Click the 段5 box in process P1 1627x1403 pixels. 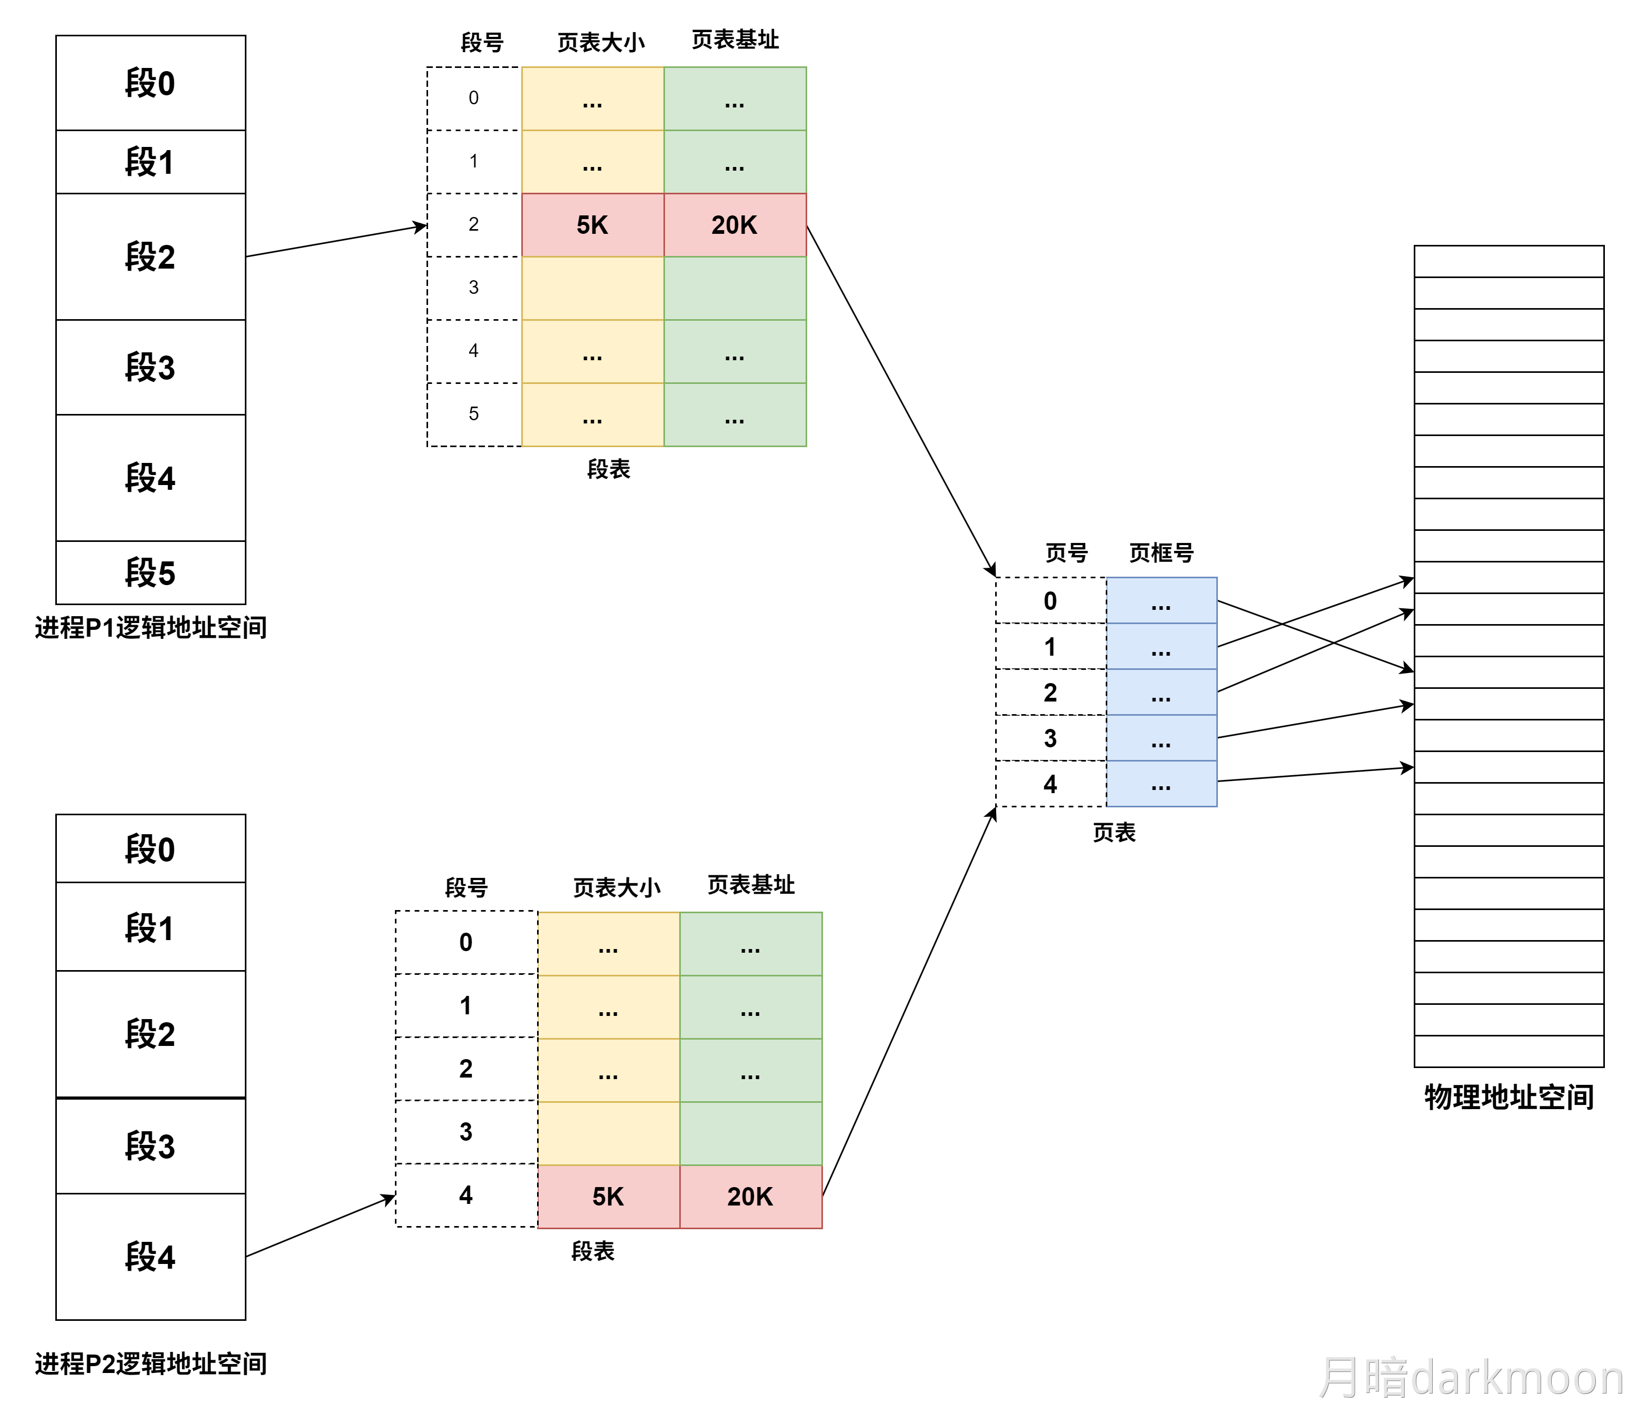point(150,572)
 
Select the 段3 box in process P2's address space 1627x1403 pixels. point(150,1146)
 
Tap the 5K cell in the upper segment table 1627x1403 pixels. point(592,225)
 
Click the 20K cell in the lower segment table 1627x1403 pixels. point(750,1197)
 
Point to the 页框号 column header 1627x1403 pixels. point(1160,553)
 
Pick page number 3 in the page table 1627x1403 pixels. point(1050,738)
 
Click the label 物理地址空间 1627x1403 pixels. point(1509,1098)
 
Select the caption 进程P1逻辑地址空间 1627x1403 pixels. point(151,628)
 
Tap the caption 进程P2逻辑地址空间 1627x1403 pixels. point(151,1364)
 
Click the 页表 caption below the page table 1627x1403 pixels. point(1114,833)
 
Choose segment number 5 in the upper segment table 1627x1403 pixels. point(473,414)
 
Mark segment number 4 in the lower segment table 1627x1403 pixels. point(465,1195)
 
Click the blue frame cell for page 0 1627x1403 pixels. point(1160,601)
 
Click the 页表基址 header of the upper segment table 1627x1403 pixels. point(735,40)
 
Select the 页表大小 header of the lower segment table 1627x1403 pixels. point(617,888)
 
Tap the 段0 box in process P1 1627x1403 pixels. point(150,83)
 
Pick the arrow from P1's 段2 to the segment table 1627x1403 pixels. point(336,240)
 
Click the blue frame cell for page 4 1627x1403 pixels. point(1160,784)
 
